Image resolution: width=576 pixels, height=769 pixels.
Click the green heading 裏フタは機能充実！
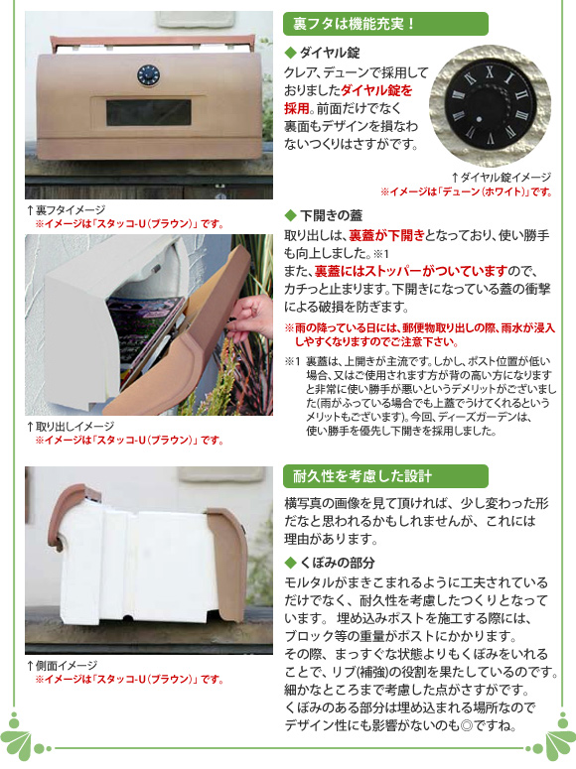coord(355,24)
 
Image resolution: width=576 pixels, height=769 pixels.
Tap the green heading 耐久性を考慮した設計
coord(361,475)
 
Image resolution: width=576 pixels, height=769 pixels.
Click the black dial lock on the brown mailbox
coord(148,74)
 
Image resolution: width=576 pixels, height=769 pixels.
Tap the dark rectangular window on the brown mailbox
coord(149,112)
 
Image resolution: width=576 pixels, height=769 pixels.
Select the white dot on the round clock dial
coord(479,118)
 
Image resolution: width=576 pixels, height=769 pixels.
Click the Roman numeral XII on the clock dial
coord(490,72)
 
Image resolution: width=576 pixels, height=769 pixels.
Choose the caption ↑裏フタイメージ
coord(66,210)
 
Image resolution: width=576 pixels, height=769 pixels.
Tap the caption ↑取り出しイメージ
coord(71,427)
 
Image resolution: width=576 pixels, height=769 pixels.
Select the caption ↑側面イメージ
coord(62,666)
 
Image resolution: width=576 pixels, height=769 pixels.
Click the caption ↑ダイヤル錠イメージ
coord(501,177)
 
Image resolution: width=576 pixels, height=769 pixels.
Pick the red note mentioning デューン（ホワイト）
coord(467,192)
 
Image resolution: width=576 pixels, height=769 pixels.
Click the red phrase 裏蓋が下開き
coord(386,235)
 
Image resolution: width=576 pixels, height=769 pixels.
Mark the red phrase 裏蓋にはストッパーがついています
coord(410,271)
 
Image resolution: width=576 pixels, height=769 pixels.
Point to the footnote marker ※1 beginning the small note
coord(292,361)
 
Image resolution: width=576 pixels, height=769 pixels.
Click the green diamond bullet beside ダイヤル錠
coord(290,52)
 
